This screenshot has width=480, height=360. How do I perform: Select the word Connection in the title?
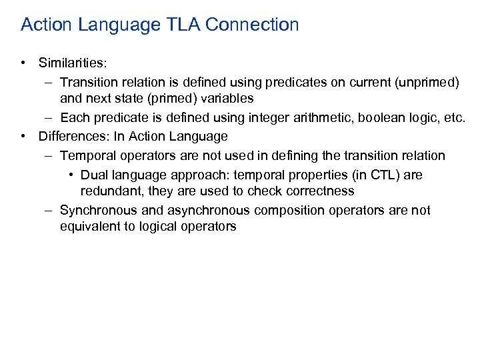[x=253, y=25]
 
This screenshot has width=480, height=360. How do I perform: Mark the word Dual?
[x=93, y=175]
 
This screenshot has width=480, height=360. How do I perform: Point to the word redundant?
[x=109, y=191]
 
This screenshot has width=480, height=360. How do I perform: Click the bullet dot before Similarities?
[x=24, y=63]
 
